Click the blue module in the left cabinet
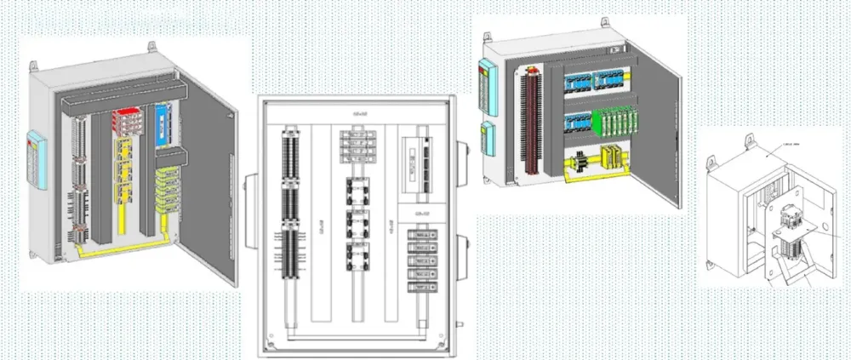click(x=161, y=120)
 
